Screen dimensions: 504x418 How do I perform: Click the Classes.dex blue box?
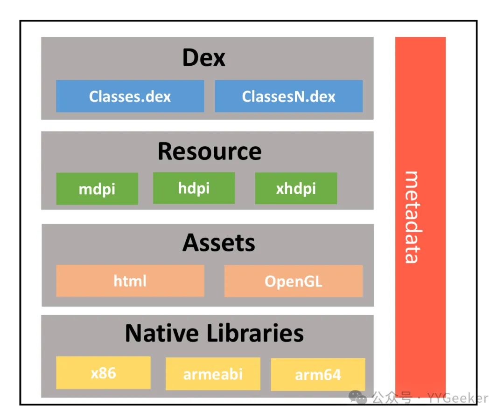(x=130, y=96)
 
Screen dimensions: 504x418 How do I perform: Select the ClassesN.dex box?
(x=289, y=96)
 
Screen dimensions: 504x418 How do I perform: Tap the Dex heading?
(x=204, y=58)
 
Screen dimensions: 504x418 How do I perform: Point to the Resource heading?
(x=210, y=151)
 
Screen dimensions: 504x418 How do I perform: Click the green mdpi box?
(x=97, y=188)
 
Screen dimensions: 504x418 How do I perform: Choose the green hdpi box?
(x=194, y=188)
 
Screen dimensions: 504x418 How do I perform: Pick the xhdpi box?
(x=296, y=188)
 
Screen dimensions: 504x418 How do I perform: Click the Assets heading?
(x=219, y=243)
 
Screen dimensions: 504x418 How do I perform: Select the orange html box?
(x=130, y=281)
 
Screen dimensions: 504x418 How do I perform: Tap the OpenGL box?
(x=294, y=281)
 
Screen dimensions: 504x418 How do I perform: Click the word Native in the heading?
(x=162, y=333)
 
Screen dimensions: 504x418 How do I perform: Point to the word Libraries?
(x=255, y=333)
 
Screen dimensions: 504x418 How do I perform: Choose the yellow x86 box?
(x=103, y=373)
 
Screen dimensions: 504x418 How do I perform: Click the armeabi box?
(x=213, y=374)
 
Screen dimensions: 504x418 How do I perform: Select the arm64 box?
(x=318, y=374)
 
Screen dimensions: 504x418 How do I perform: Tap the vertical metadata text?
(x=413, y=217)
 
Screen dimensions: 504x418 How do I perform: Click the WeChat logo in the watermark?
(x=358, y=397)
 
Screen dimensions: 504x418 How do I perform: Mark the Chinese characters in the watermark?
(x=392, y=398)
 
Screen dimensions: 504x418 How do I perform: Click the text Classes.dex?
(x=130, y=96)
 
